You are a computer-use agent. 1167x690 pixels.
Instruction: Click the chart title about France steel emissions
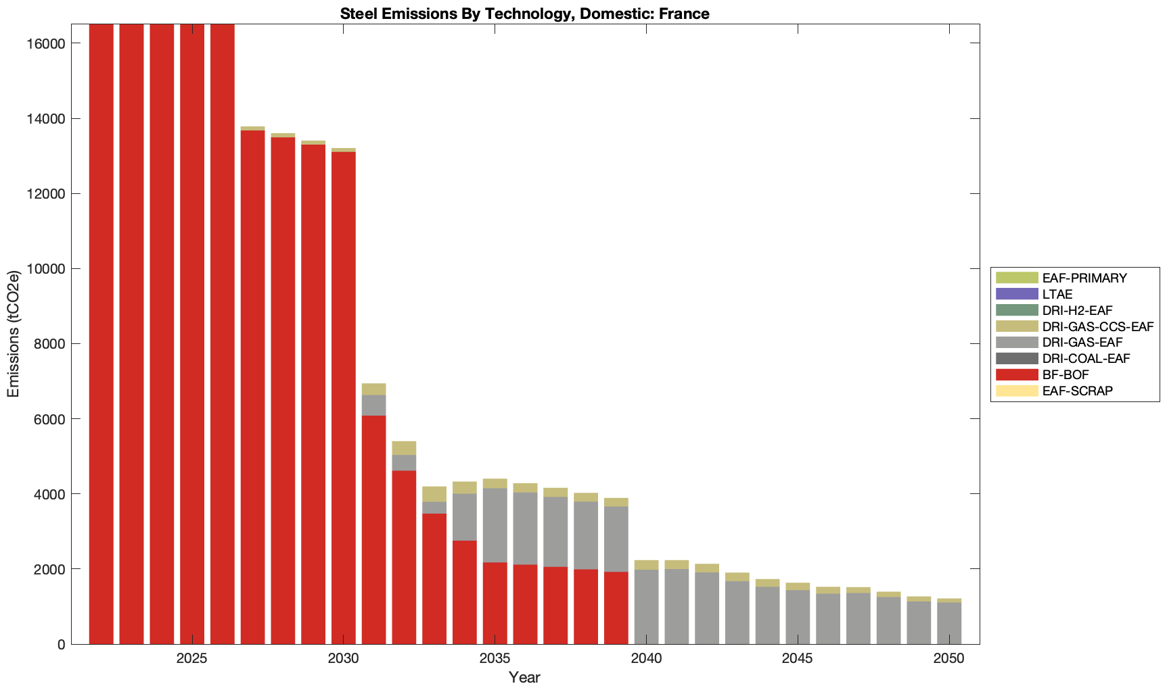coord(524,14)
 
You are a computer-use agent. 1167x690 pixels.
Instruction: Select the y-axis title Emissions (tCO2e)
coord(14,334)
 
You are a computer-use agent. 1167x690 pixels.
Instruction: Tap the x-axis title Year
coord(524,677)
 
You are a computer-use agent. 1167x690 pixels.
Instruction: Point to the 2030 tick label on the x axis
coord(344,659)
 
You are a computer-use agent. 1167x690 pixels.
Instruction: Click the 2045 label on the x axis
coord(798,659)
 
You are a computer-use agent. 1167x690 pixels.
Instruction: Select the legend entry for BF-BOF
coord(1066,374)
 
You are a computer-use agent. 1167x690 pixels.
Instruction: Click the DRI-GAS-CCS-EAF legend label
coord(1097,326)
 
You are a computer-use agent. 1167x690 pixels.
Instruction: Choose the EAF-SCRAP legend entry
coord(1077,391)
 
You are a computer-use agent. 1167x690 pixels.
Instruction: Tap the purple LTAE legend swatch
coord(1016,294)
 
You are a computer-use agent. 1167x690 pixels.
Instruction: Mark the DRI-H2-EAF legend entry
coord(1077,310)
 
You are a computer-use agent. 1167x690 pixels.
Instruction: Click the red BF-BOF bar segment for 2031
coord(374,530)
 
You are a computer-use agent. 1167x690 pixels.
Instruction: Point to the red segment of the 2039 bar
coord(616,608)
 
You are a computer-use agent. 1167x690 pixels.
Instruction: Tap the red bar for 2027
coord(253,387)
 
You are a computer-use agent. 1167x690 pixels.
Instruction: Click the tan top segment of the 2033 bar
coord(434,494)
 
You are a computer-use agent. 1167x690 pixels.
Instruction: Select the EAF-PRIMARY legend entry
coord(1084,278)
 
